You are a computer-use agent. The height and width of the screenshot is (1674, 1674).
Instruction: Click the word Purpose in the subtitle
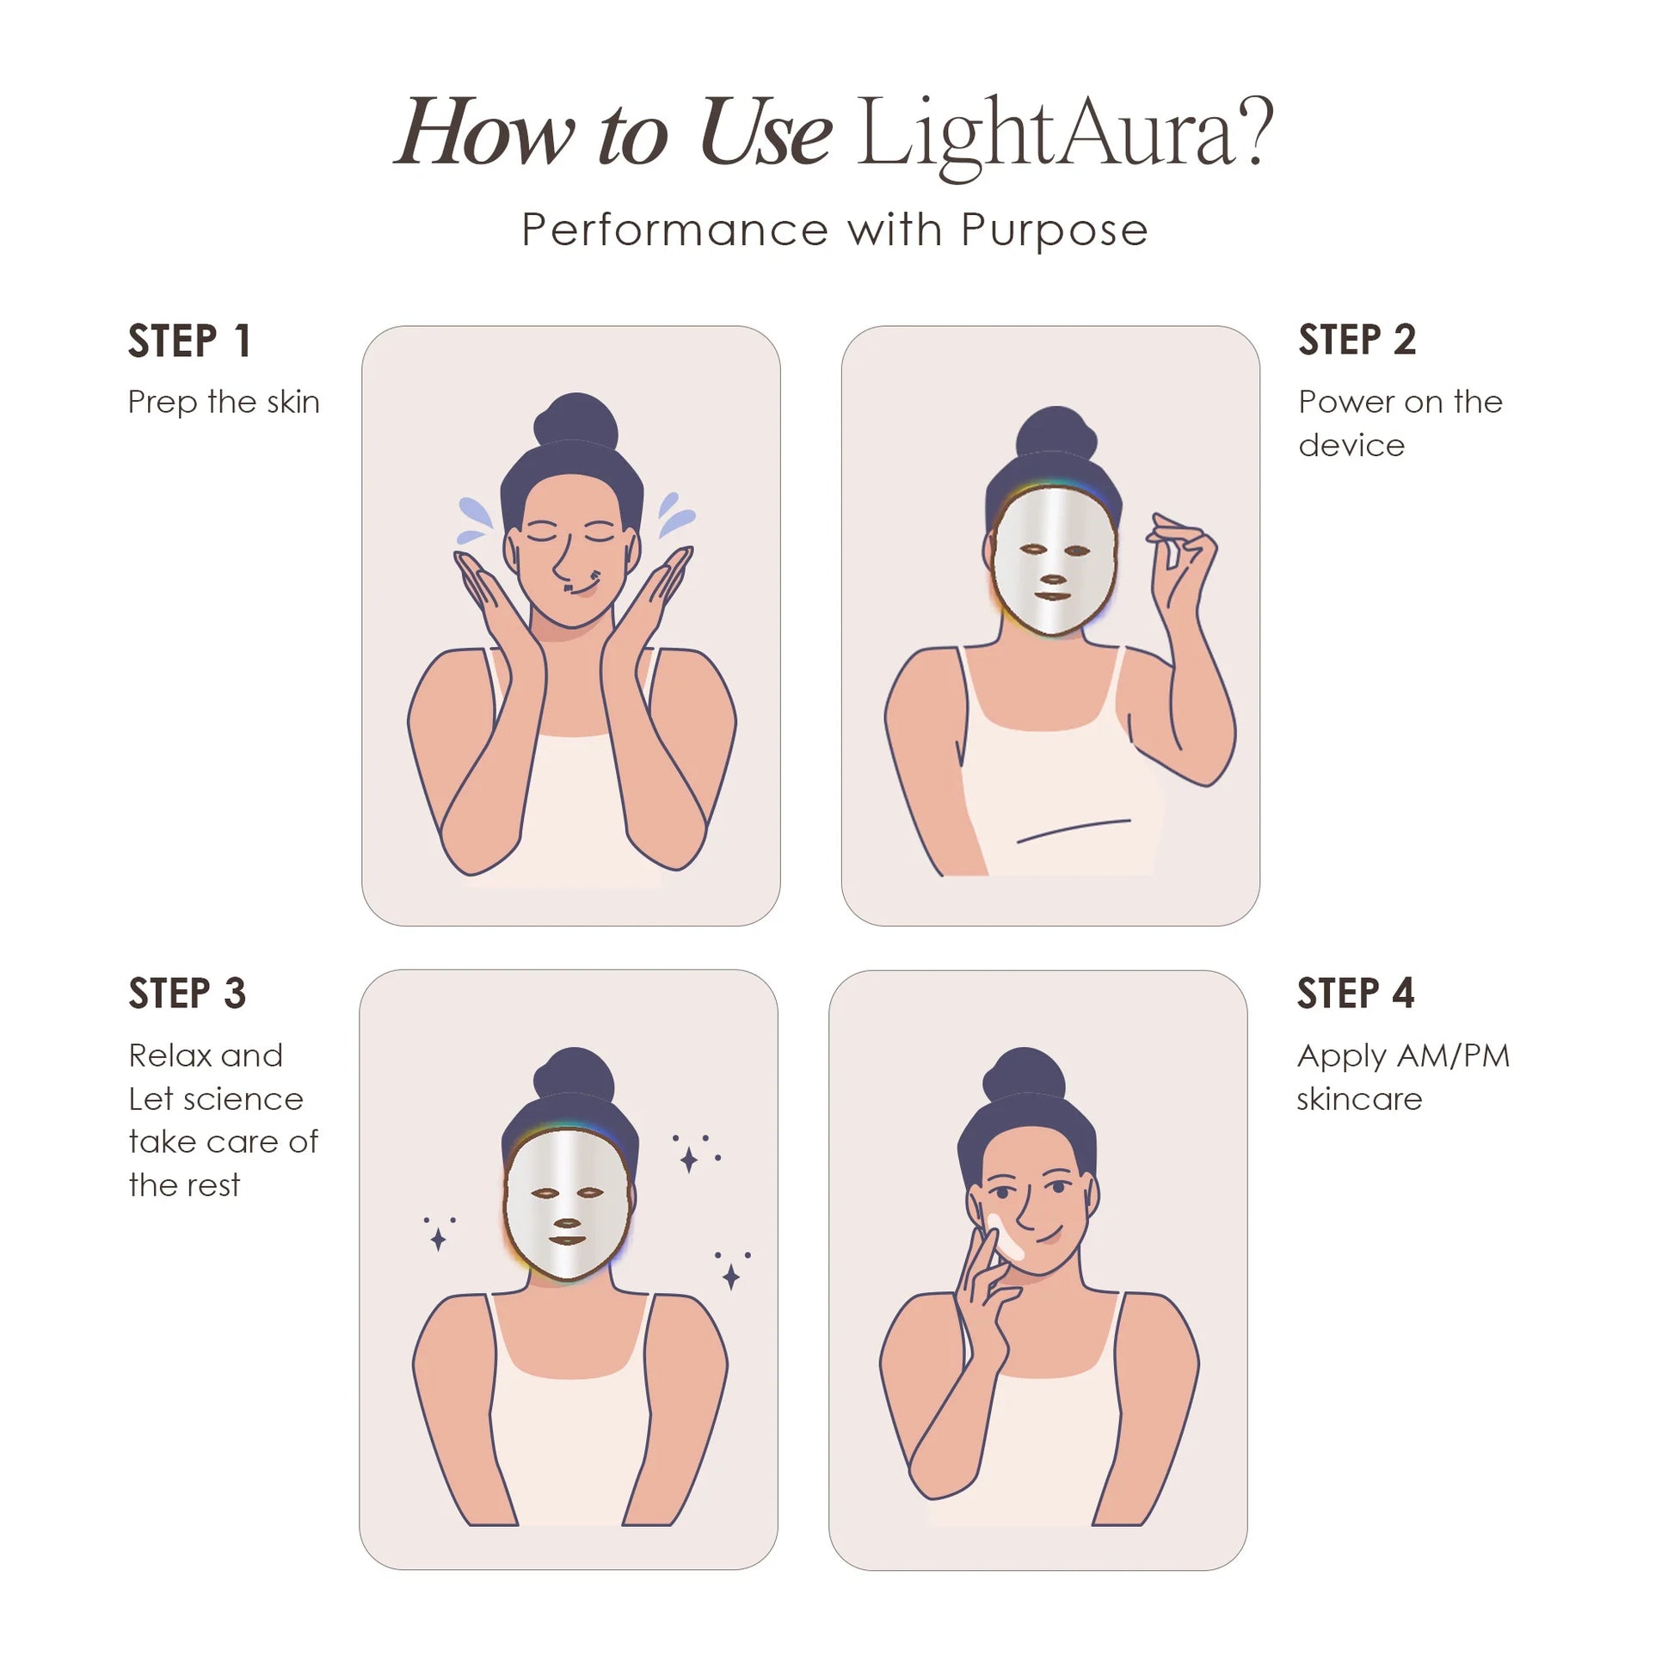[x=1054, y=231]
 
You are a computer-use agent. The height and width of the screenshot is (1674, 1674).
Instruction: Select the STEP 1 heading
[x=190, y=341]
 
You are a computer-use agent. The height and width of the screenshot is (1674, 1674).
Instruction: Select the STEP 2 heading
[x=1357, y=340]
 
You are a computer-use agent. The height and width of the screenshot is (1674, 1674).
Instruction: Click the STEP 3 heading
[x=188, y=993]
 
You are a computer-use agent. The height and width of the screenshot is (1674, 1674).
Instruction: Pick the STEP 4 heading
[x=1355, y=993]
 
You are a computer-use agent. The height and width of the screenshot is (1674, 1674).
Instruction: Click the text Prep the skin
[x=224, y=402]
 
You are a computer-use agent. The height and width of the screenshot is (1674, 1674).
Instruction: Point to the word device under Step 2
[x=1351, y=446]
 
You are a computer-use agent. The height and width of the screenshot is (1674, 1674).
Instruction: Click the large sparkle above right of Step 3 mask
[x=689, y=1160]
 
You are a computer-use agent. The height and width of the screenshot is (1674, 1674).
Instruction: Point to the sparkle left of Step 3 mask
[x=439, y=1239]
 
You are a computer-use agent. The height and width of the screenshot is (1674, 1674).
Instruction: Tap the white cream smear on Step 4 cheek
[x=1006, y=1236]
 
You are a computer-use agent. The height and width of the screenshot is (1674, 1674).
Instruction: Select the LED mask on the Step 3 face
[x=568, y=1204]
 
